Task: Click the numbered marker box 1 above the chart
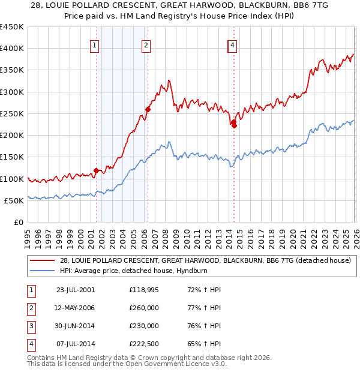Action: click(95, 44)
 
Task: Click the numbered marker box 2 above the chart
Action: click(146, 44)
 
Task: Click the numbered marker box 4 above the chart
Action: click(232, 44)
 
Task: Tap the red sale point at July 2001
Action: click(96, 170)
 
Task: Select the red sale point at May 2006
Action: click(148, 109)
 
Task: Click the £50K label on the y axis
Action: click(14, 200)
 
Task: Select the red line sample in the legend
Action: click(42, 260)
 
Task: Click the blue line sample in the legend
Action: click(42, 271)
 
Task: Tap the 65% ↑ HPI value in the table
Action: click(204, 344)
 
